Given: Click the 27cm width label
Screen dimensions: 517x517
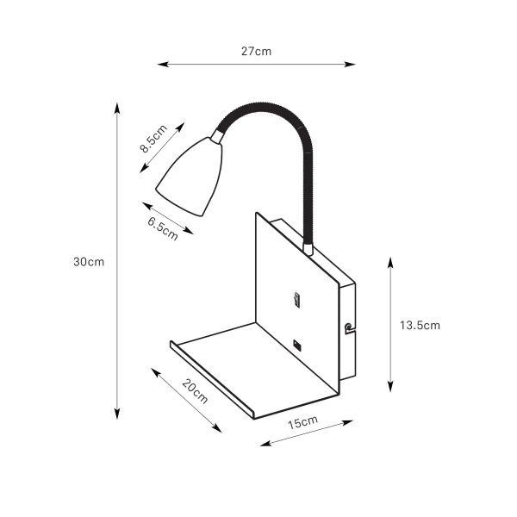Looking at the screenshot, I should click(x=256, y=51).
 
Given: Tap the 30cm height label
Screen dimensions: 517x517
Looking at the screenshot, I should click(x=89, y=262).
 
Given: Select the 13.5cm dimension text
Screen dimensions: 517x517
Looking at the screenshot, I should click(x=420, y=325).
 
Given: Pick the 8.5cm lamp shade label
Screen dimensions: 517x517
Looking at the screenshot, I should click(x=152, y=139).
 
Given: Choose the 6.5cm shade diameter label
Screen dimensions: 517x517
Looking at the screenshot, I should click(x=163, y=229).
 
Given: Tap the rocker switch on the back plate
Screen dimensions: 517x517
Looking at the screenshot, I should click(x=297, y=301).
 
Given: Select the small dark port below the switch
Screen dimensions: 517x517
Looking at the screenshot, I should click(x=297, y=345).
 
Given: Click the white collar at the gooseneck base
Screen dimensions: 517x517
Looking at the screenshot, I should click(x=308, y=249).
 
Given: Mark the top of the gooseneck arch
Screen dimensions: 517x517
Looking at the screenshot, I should click(x=267, y=107).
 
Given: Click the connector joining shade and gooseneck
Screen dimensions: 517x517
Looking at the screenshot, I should click(x=217, y=135).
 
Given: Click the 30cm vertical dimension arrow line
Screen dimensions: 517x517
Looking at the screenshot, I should click(x=117, y=262).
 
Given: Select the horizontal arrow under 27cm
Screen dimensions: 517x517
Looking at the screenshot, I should click(x=256, y=64).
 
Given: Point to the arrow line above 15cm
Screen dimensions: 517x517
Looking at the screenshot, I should click(x=307, y=433).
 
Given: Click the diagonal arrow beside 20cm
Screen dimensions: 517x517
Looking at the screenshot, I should click(x=185, y=401).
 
